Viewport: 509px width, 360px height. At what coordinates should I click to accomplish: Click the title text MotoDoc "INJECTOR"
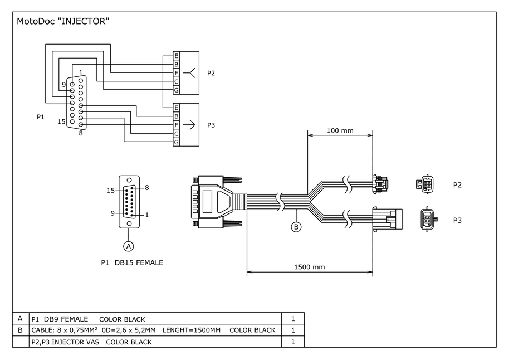62,22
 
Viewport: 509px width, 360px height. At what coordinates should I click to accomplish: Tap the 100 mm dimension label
340,130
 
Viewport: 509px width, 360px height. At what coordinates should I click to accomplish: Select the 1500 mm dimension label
310,267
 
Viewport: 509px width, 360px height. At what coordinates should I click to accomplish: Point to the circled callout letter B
297,227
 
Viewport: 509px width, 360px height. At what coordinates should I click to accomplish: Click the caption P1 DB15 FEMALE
132,262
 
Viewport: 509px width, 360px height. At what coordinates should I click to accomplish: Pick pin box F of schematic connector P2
176,73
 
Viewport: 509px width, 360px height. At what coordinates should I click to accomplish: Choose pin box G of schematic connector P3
176,143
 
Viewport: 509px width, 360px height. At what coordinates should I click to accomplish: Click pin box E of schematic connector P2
176,56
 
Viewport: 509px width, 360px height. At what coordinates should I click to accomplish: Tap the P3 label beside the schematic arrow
211,125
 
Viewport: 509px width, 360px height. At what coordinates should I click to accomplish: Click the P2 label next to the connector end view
457,184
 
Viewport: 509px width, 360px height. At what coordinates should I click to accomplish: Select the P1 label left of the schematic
41,117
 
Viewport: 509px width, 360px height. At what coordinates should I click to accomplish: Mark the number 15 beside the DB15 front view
111,191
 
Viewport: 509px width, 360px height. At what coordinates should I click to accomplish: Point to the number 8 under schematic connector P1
81,133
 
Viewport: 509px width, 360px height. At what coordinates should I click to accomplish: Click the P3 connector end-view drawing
428,220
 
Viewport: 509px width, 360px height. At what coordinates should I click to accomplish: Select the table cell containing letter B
20,330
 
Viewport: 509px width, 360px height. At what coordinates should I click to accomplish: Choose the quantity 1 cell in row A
293,319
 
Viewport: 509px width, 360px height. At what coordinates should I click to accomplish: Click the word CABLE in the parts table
42,330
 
